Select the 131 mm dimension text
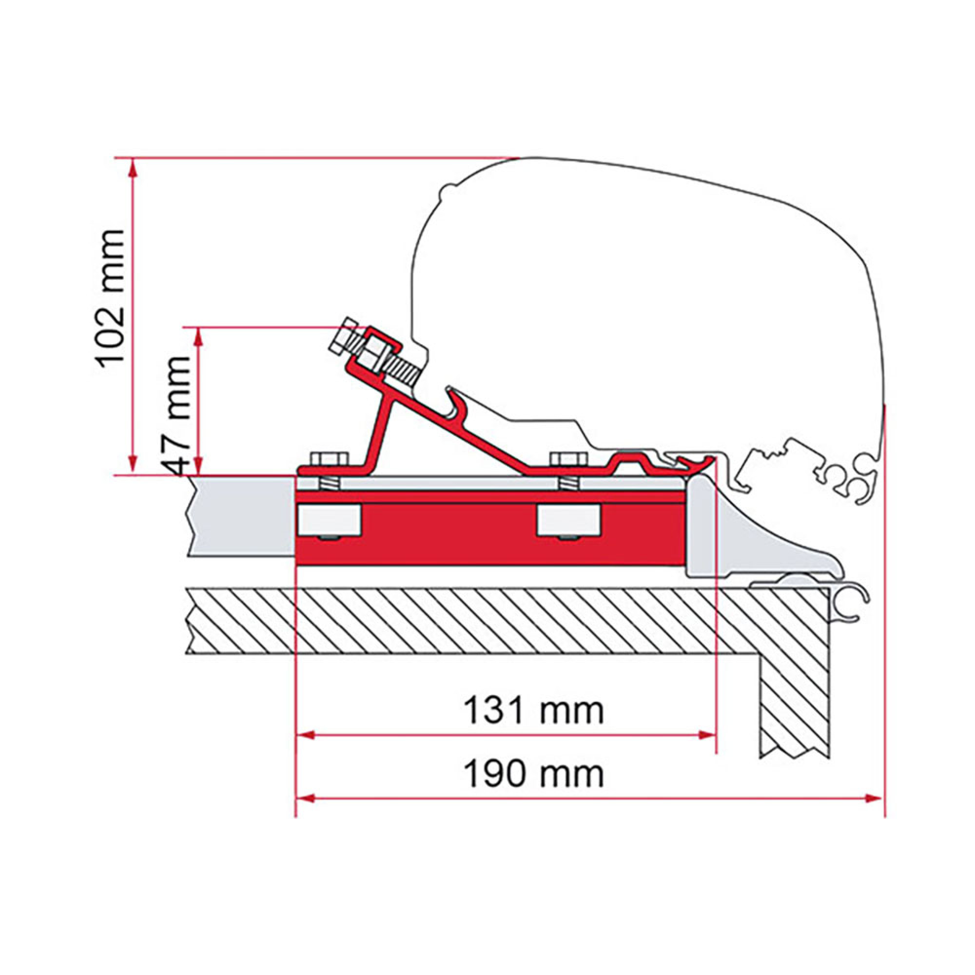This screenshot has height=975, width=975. [x=533, y=711]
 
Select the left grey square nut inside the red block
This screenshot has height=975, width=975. [x=331, y=521]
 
